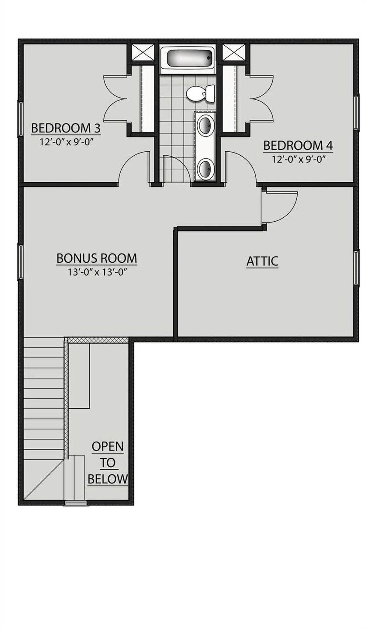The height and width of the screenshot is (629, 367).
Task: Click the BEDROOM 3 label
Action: point(66,128)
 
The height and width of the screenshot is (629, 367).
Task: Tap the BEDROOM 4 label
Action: point(298,146)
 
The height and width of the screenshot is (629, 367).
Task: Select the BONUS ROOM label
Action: point(97,258)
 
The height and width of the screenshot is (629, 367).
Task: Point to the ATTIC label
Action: point(262,261)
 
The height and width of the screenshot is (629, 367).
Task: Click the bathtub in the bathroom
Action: point(187,58)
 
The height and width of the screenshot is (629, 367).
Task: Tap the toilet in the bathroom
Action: point(200,93)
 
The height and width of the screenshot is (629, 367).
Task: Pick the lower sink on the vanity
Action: point(206,169)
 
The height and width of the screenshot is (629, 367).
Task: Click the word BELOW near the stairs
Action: point(108,479)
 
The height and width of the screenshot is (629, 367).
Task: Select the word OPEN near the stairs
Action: point(108,446)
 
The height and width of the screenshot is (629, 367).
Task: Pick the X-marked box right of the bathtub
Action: point(234,52)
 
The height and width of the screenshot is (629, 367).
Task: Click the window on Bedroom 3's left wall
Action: point(20,118)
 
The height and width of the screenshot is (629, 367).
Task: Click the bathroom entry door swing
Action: point(176,169)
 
